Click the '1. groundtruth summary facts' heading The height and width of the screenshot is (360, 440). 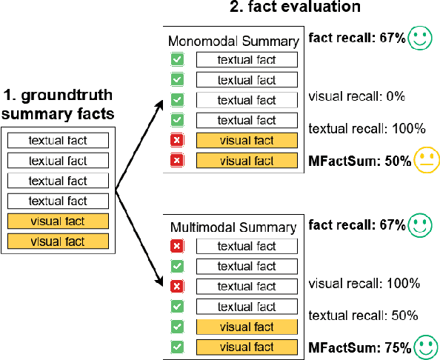[58, 104]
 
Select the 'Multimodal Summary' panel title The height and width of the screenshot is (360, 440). [231, 227]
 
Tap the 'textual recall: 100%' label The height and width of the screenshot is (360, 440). [367, 128]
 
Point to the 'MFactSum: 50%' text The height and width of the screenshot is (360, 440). [360, 160]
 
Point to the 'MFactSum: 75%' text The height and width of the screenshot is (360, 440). [360, 346]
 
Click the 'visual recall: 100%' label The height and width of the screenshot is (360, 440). [364, 284]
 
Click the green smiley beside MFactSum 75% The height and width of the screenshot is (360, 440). [425, 345]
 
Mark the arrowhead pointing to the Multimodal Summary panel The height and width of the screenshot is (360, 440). [159, 283]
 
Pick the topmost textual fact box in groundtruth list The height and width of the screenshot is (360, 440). [57, 140]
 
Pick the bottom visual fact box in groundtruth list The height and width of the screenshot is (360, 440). [57, 241]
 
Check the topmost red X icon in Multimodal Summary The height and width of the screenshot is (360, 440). [177, 247]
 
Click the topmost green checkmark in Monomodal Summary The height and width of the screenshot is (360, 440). [177, 60]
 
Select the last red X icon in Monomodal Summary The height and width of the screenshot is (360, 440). [177, 161]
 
